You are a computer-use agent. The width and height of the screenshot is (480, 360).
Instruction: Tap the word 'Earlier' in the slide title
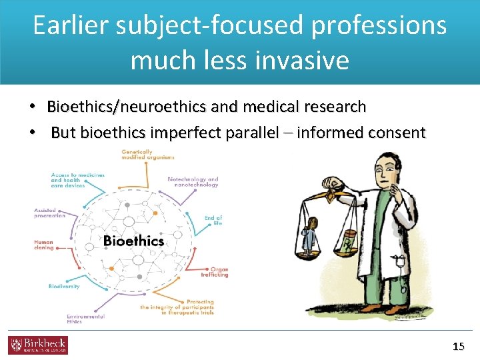tap(71, 25)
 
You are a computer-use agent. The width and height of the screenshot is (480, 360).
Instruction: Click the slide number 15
tap(458, 346)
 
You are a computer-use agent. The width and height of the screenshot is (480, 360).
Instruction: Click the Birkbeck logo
tap(38, 345)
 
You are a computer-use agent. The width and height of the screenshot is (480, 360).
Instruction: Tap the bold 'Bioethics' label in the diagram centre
tap(133, 241)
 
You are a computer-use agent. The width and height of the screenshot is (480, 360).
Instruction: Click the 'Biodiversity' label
tap(64, 286)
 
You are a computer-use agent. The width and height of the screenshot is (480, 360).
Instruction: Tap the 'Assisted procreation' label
tap(49, 213)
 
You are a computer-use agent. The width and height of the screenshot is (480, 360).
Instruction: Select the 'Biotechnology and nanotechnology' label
tap(193, 182)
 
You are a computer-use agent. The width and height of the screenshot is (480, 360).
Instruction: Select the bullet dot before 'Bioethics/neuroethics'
tap(31, 107)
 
